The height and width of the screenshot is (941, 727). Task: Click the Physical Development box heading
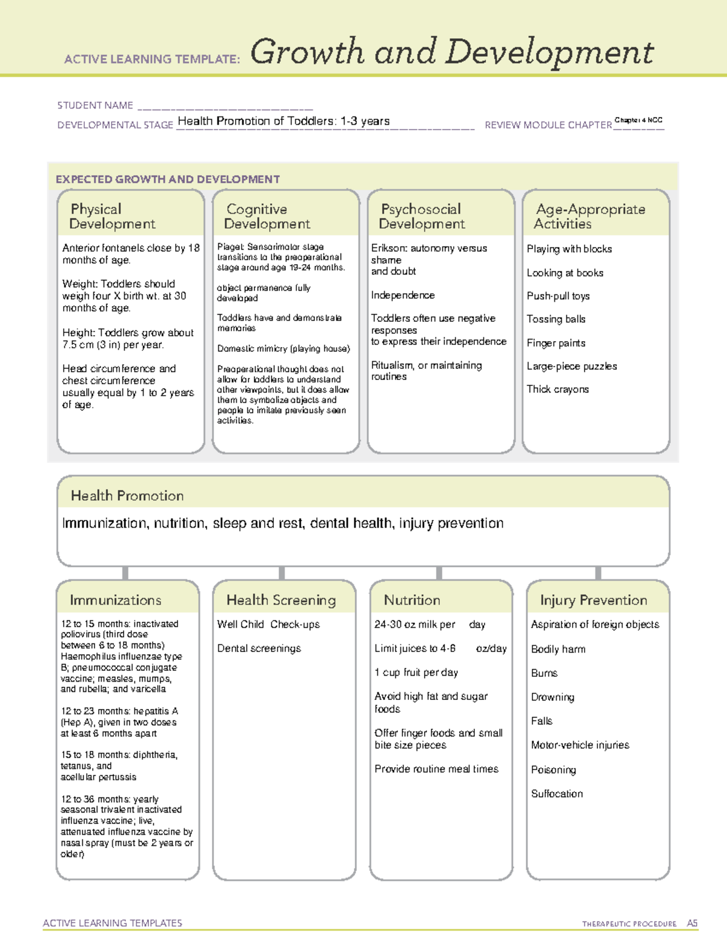pos(112,216)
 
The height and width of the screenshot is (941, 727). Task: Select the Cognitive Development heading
pos(267,216)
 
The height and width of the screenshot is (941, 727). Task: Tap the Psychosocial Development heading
pos(422,216)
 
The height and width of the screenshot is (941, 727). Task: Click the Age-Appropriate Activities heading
pos(589,216)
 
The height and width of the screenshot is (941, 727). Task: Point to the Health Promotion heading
pos(127,496)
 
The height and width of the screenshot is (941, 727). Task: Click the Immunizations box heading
pos(115,600)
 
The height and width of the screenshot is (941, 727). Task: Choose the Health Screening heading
pos(281,600)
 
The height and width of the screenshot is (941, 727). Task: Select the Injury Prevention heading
pos(594,600)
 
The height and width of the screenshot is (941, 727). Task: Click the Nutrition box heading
pos(412,600)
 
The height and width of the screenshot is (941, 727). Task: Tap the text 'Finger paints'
pos(556,343)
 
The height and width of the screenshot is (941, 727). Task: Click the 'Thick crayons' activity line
pos(557,389)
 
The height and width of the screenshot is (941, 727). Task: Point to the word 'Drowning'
pos(553,697)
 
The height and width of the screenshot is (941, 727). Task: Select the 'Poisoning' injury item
pos(553,770)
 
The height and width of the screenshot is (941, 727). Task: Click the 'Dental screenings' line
pos(259,648)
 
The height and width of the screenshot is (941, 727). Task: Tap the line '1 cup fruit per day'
pos(416,673)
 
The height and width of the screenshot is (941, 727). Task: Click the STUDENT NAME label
pos(95,105)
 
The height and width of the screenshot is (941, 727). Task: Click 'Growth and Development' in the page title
pos(452,52)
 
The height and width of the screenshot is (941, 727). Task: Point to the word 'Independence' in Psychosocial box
pos(403,295)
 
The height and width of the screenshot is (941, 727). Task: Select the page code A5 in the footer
pos(692,923)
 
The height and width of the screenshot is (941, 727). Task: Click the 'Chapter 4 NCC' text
pos(638,120)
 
